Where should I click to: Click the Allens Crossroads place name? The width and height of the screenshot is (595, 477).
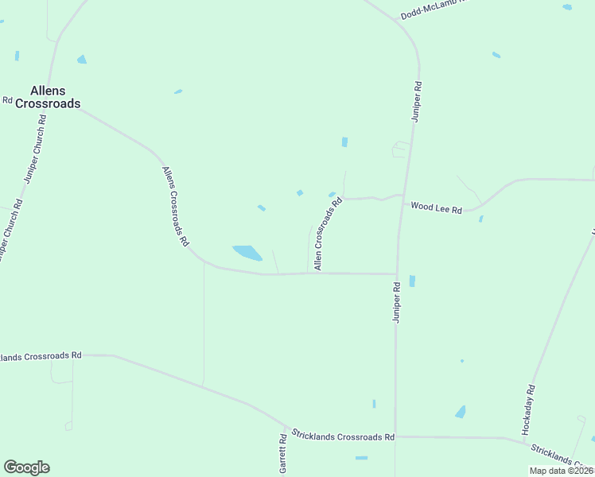point(55,96)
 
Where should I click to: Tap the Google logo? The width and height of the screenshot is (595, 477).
point(26,467)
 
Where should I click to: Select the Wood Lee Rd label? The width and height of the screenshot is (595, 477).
point(436,207)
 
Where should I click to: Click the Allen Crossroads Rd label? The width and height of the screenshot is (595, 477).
point(328,235)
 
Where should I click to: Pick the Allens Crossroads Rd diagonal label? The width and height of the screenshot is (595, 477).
point(175,205)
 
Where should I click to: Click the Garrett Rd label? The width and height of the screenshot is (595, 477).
point(282,454)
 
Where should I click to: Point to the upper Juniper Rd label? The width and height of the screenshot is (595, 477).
point(415,101)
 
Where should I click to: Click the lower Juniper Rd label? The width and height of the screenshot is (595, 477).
point(395,301)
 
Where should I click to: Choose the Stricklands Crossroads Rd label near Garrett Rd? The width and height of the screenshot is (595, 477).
point(343,437)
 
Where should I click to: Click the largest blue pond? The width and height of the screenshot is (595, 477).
point(247,253)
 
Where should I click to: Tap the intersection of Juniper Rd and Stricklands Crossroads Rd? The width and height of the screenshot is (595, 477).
point(395,436)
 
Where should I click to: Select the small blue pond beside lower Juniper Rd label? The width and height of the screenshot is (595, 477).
point(411,281)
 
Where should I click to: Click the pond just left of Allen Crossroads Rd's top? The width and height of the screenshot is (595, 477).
point(331,194)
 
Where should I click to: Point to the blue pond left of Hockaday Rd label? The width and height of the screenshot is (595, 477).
point(461,412)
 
